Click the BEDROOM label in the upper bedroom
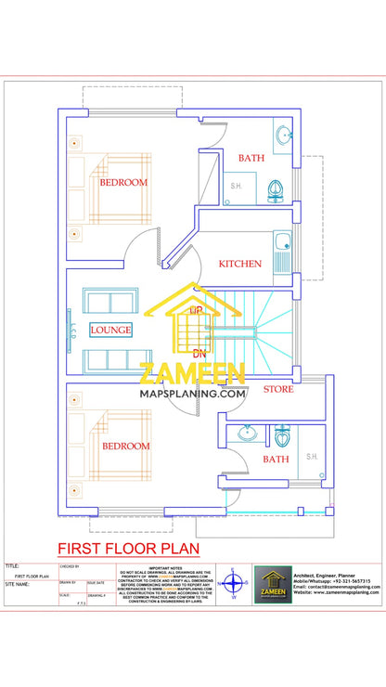(123, 183)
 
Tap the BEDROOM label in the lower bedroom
(125, 447)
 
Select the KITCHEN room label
(240, 265)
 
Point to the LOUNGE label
(110, 330)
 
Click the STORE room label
(278, 389)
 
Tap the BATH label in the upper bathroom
(251, 158)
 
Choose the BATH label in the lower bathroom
(276, 459)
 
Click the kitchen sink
(281, 247)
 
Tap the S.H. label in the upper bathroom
(238, 186)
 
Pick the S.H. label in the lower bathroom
(312, 456)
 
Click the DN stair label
(199, 354)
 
